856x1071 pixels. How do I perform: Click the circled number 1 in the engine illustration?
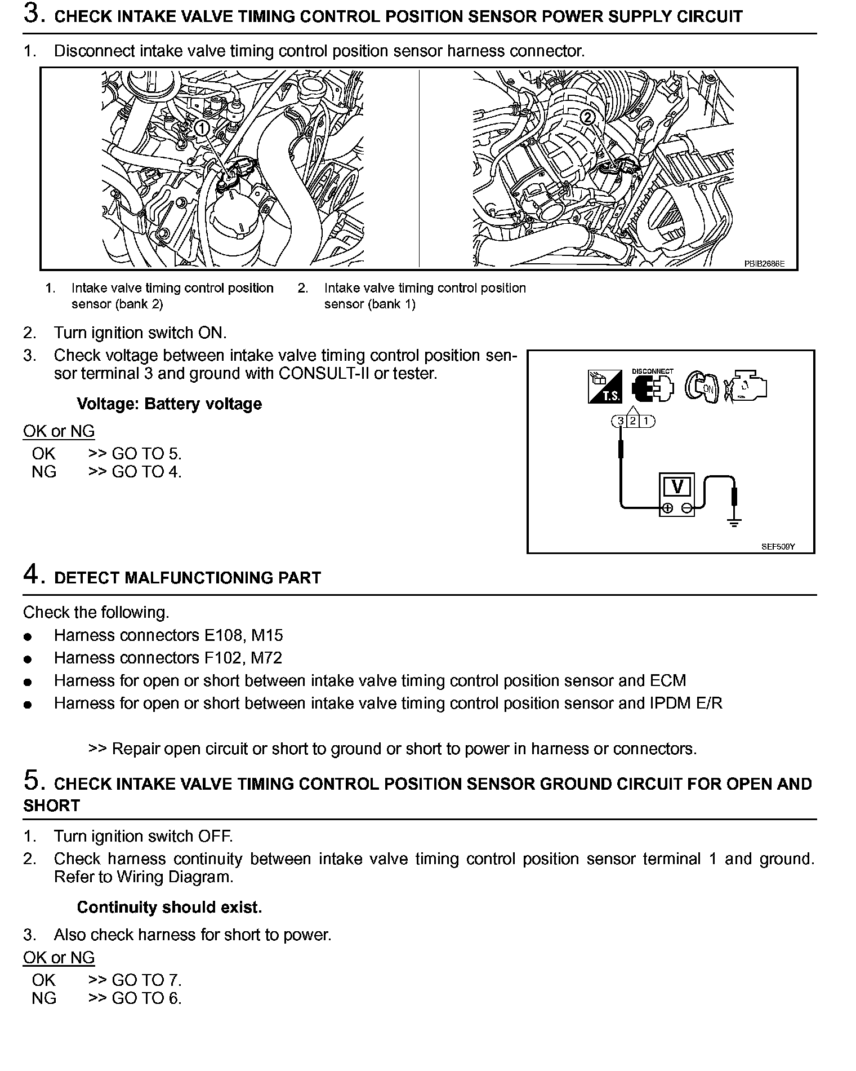point(202,129)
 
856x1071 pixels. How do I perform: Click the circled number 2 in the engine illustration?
point(587,117)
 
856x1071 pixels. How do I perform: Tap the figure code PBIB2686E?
point(764,263)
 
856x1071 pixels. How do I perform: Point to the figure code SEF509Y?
point(778,547)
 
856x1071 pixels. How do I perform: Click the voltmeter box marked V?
point(677,486)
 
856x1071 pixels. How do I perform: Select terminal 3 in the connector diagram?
point(620,421)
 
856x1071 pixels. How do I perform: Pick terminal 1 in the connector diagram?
point(647,421)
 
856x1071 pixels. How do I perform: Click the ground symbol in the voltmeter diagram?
point(734,522)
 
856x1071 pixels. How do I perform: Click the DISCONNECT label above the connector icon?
point(653,371)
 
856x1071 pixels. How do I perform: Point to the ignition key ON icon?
point(702,387)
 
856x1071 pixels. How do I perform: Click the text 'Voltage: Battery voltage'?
point(169,404)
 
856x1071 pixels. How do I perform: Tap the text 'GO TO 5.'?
point(146,454)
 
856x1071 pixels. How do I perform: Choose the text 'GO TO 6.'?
point(146,998)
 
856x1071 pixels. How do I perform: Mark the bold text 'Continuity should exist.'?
point(169,907)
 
